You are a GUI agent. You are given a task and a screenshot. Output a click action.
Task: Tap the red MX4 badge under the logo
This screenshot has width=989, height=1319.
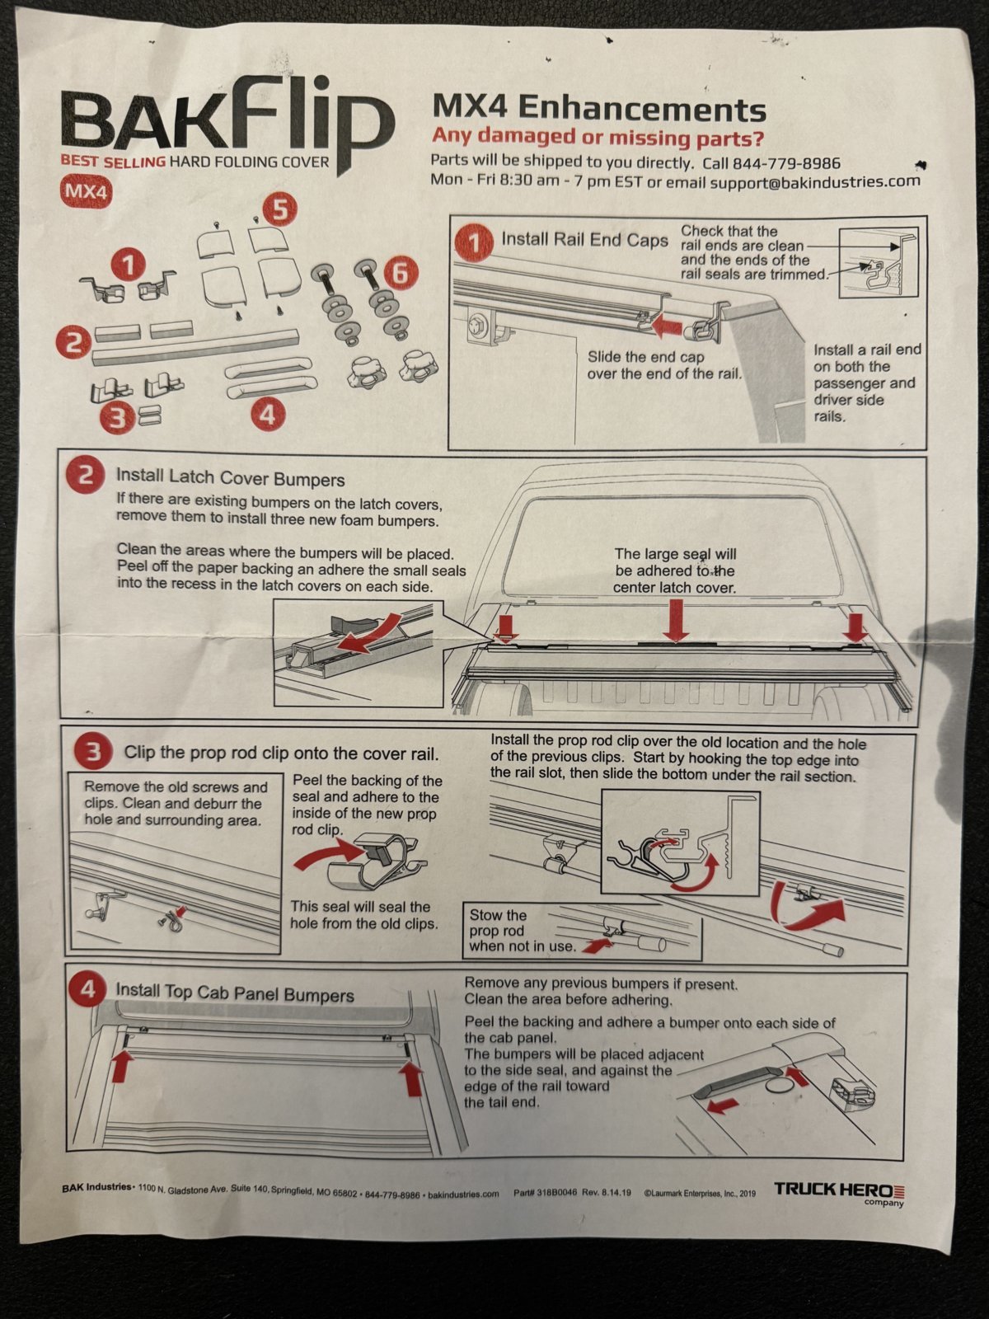coord(86,191)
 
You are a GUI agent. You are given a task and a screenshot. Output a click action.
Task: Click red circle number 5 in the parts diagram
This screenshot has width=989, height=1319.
coord(280,209)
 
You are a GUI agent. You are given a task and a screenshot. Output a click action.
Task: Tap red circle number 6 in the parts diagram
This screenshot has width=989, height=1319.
coord(399,272)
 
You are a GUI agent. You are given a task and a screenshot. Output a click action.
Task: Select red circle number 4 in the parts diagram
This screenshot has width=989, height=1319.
coord(266,415)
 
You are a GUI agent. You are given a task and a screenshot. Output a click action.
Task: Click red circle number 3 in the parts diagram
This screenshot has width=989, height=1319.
coord(118,418)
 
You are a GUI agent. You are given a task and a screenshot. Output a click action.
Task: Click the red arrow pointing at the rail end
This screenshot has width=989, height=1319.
coord(670,327)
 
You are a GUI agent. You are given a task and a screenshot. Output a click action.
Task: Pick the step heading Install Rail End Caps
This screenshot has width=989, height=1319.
coord(584,240)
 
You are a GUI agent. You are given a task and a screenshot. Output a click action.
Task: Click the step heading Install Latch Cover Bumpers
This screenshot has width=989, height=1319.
coord(230,478)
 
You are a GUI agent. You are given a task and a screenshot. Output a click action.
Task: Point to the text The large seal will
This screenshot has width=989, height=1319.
coord(675,554)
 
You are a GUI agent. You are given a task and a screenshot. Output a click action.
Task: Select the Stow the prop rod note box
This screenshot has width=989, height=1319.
coord(581,930)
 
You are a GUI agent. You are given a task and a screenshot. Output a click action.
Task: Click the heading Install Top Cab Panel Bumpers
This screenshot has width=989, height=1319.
coord(234,992)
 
